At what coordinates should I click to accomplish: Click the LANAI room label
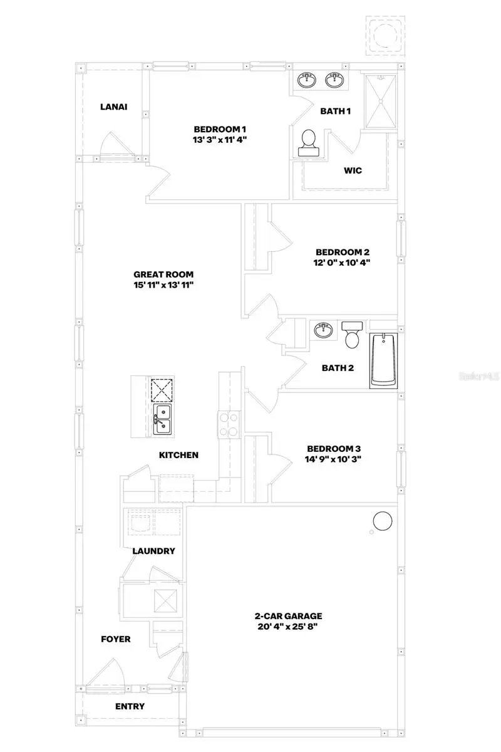113,107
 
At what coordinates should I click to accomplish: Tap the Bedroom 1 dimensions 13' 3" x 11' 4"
220,140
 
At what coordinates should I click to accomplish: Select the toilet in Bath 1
309,144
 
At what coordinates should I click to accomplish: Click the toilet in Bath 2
351,335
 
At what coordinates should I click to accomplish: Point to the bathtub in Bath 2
383,361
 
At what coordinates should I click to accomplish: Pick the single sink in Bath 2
323,329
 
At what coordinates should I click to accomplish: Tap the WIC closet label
353,170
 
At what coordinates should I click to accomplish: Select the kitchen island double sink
163,419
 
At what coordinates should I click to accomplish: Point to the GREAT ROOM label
163,274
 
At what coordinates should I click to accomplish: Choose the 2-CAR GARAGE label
289,616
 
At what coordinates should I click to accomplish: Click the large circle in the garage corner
382,521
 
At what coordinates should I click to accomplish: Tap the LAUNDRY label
153,551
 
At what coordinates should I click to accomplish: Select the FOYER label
116,639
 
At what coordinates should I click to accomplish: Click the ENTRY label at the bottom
130,706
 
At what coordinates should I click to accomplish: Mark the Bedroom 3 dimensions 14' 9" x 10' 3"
333,459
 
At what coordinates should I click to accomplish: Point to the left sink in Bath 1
307,80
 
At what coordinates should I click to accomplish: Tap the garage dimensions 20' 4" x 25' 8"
289,627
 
